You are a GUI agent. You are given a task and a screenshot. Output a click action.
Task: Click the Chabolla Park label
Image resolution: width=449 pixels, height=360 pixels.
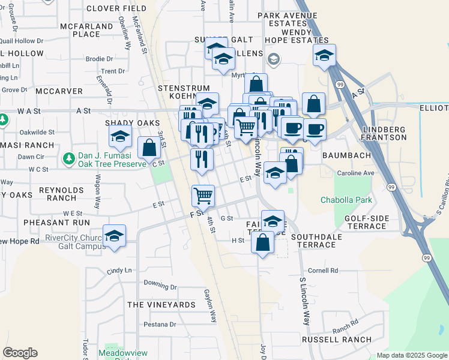click(x=346, y=200)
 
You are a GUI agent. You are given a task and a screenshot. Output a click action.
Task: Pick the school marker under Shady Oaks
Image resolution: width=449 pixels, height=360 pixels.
click(x=120, y=137)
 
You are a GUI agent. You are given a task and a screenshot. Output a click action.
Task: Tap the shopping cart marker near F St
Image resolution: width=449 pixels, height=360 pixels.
click(x=203, y=196)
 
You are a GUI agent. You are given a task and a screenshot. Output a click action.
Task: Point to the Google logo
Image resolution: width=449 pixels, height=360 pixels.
click(x=20, y=353)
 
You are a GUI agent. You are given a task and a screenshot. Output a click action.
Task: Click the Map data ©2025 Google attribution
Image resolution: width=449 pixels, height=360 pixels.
click(x=412, y=355)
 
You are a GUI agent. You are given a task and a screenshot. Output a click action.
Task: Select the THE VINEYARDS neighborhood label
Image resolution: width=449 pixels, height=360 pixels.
click(x=161, y=305)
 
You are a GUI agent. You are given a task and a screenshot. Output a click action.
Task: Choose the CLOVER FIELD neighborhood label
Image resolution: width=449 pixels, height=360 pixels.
click(x=116, y=8)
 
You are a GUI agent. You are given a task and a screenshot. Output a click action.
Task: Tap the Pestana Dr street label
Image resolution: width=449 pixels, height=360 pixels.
click(x=160, y=324)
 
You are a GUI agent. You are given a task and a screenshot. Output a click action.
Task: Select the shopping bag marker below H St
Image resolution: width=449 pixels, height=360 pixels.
click(x=262, y=243)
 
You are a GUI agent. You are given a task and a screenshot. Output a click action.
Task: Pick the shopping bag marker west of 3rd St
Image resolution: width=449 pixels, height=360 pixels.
click(x=148, y=148)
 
